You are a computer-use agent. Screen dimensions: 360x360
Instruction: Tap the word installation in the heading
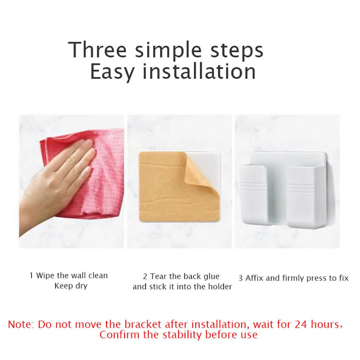(x=199, y=71)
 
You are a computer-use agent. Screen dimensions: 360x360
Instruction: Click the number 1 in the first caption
(x=31, y=276)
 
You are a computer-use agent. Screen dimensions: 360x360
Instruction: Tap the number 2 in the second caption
(x=145, y=277)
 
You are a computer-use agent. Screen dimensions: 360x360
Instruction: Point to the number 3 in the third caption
(x=241, y=278)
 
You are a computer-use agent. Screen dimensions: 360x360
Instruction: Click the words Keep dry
(x=71, y=286)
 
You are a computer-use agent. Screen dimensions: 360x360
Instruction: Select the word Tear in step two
(x=158, y=276)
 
